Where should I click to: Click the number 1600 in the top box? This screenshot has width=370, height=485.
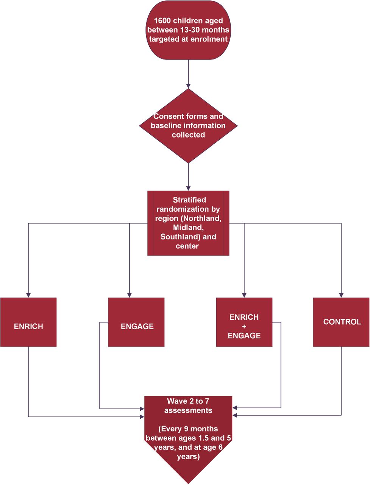[x=162, y=20]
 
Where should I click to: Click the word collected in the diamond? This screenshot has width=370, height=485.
[x=188, y=135]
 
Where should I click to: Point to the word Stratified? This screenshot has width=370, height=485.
[x=189, y=200]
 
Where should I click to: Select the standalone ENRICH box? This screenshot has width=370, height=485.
[x=28, y=322]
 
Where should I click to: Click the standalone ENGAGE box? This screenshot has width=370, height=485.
[x=136, y=322]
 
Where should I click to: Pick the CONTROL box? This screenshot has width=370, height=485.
[x=341, y=322]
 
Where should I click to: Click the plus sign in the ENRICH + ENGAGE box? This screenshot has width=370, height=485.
[x=244, y=326]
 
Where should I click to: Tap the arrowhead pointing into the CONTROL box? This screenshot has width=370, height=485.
[x=341, y=295]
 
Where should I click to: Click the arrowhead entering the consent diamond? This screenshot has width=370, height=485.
[x=188, y=86]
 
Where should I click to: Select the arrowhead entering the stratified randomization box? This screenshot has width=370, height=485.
[x=188, y=188]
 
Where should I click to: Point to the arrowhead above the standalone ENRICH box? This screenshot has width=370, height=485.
[x=28, y=295]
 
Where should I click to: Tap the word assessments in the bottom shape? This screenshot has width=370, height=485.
[x=188, y=410]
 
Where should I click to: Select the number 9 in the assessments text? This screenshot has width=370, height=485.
[x=186, y=429]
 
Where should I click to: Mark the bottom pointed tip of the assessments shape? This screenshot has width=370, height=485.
[x=188, y=483]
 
